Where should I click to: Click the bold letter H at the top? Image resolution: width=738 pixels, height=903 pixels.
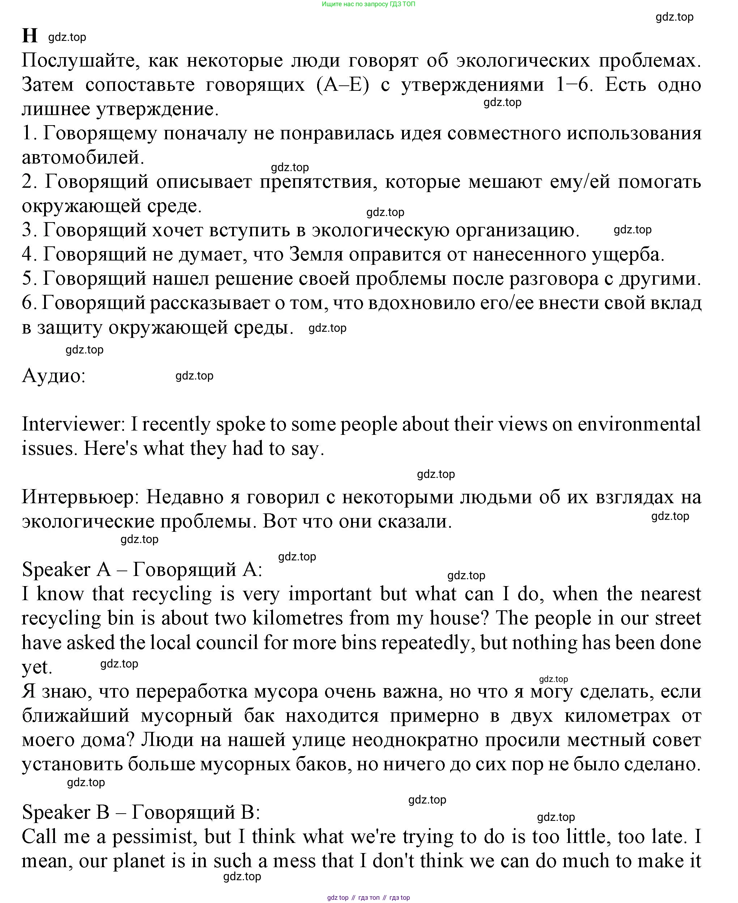[30, 36]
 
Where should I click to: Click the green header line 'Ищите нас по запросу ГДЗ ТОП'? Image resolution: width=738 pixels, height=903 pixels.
[368, 4]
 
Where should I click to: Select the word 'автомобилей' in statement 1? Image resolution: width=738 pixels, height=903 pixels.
[83, 158]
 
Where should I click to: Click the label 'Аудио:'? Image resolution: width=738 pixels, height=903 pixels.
[54, 376]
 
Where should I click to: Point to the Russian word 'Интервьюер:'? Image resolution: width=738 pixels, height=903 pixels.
[80, 497]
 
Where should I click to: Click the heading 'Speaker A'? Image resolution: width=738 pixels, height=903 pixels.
[66, 570]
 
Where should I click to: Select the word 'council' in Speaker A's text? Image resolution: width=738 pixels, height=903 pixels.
[227, 643]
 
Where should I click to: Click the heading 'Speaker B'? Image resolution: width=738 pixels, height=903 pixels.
[65, 813]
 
